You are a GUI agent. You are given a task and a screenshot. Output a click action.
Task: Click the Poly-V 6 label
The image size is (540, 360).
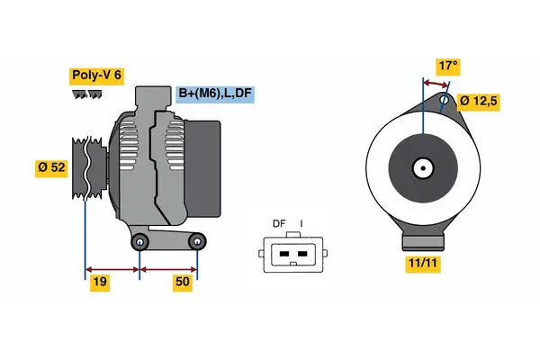[x=95, y=76]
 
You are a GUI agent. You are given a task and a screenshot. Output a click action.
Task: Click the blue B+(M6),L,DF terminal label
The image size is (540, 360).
[x=213, y=92]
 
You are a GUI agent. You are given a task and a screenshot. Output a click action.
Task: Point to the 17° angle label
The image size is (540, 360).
[x=447, y=66]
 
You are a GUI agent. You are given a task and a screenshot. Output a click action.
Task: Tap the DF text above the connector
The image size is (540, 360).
[x=279, y=224]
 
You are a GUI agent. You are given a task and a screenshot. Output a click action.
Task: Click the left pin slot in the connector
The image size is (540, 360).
[x=283, y=254]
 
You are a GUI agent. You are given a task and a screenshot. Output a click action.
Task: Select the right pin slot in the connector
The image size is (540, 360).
[x=301, y=254]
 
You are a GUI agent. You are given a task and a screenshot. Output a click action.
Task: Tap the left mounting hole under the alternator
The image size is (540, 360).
[x=139, y=242]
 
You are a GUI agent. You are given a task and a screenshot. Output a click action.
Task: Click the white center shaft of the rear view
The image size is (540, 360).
[x=421, y=166]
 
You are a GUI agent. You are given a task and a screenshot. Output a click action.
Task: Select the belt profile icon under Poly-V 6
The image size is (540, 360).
[x=87, y=94]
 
